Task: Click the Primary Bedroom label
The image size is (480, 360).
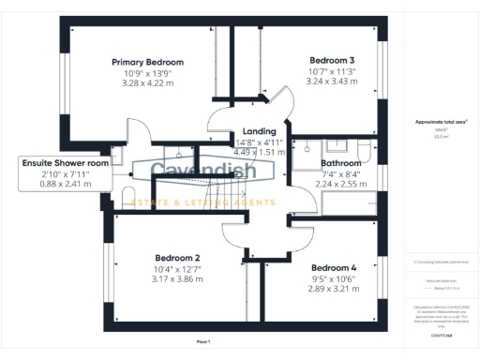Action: tap(147, 62)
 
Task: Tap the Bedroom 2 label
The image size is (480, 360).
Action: tap(178, 258)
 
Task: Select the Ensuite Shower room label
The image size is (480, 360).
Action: tap(66, 162)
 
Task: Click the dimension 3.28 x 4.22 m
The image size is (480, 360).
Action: tap(147, 82)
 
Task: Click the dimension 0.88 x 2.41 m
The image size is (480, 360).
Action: tap(66, 184)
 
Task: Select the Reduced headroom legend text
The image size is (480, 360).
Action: tap(441, 279)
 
